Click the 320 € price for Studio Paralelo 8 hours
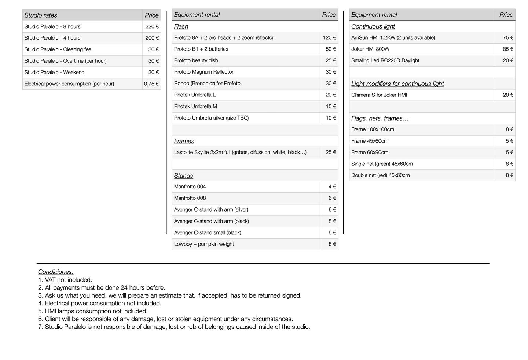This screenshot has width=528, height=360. pyautogui.click(x=152, y=27)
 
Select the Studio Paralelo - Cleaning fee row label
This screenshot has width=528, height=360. pyautogui.click(x=58, y=49)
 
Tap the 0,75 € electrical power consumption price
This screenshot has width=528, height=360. pyautogui.click(x=151, y=84)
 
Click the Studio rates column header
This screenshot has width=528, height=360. pyautogui.click(x=41, y=15)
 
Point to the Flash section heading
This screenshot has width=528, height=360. pyautogui.click(x=181, y=27)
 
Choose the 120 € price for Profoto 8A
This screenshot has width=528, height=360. pyautogui.click(x=329, y=38)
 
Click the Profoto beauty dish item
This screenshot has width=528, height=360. pyautogui.click(x=196, y=60)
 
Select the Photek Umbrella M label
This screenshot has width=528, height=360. pyautogui.click(x=195, y=107)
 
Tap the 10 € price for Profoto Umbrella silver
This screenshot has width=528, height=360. pyautogui.click(x=331, y=118)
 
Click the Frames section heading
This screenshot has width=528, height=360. pyautogui.click(x=184, y=142)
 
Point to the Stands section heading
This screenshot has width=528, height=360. pyautogui.click(x=183, y=176)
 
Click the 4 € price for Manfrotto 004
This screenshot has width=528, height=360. pyautogui.click(x=332, y=187)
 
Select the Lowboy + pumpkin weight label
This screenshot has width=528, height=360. pyautogui.click(x=204, y=244)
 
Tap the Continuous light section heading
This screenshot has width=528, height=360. pyautogui.click(x=373, y=27)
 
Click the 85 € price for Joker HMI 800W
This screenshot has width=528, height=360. pyautogui.click(x=508, y=49)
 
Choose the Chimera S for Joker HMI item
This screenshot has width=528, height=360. pyautogui.click(x=379, y=95)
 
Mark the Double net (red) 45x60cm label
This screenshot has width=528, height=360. pyautogui.click(x=380, y=176)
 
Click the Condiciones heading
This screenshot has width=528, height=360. pyautogui.click(x=55, y=272)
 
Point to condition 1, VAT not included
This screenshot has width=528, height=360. pyautogui.click(x=65, y=280)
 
